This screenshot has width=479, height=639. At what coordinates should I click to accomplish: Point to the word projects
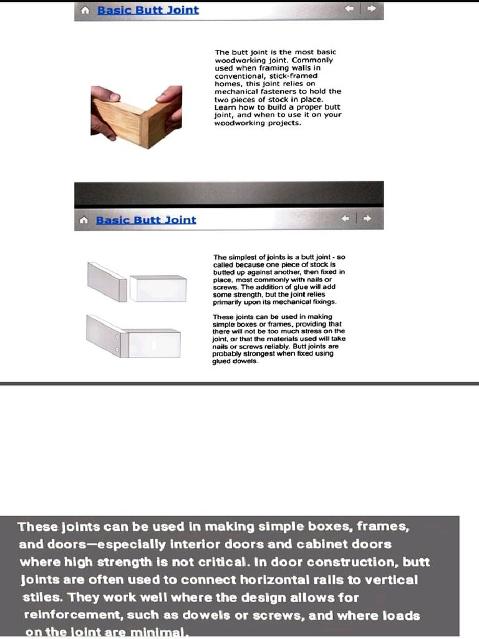284,122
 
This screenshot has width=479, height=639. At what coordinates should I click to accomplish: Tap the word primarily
228,301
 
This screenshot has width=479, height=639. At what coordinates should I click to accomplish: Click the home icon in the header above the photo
85,11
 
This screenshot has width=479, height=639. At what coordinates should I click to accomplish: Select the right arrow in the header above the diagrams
367,219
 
